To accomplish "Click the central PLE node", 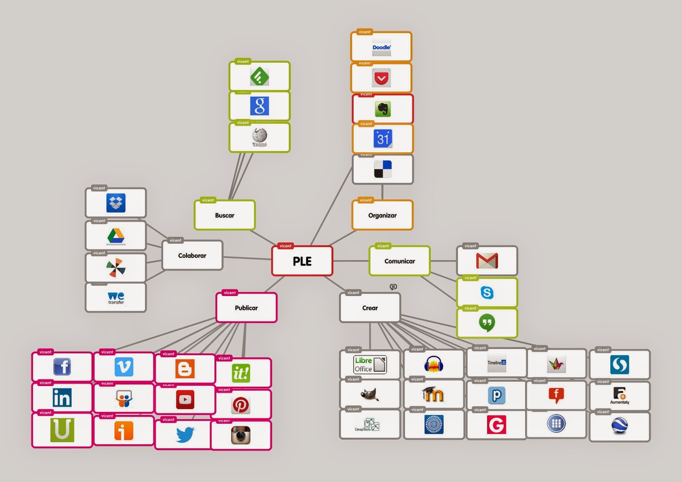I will pyautogui.click(x=302, y=261).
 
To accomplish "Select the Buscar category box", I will pyautogui.click(x=225, y=215).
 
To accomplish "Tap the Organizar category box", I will pyautogui.click(x=382, y=215).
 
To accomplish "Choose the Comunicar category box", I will pyautogui.click(x=399, y=261).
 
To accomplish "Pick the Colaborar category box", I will pyautogui.click(x=192, y=256).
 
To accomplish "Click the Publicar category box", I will pyautogui.click(x=246, y=308).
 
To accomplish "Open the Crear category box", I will pyautogui.click(x=370, y=308).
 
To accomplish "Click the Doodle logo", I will pyautogui.click(x=381, y=48).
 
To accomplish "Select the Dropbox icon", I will pyautogui.click(x=116, y=203).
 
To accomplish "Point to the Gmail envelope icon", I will pyautogui.click(x=487, y=261).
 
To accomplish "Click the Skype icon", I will pyautogui.click(x=487, y=293).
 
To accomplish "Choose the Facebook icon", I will pyautogui.click(x=62, y=367).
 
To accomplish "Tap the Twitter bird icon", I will pyautogui.click(x=185, y=435).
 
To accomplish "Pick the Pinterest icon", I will pyautogui.click(x=241, y=405).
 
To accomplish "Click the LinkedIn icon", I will pyautogui.click(x=62, y=398).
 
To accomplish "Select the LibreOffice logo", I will pyautogui.click(x=370, y=365).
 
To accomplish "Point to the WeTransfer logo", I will pyautogui.click(x=116, y=298).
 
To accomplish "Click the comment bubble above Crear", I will pyautogui.click(x=393, y=287).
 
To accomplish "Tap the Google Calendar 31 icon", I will pyautogui.click(x=383, y=139).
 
